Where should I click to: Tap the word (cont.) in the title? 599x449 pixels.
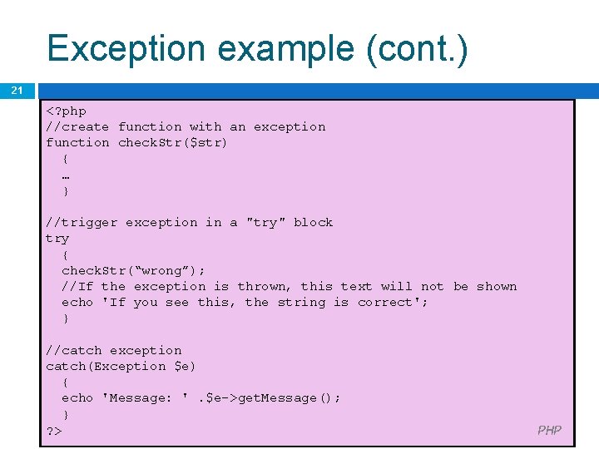417,48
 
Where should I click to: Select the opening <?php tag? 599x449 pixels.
66,111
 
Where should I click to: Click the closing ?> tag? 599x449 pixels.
54,430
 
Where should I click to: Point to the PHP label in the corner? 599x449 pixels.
549,430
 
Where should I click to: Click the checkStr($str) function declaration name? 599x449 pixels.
173,142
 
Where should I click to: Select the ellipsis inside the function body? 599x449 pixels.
66,175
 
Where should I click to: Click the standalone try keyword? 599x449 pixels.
57,238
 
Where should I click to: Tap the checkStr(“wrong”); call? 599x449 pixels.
133,270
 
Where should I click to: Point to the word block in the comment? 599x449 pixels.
313,222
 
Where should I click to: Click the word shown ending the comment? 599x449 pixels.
497,286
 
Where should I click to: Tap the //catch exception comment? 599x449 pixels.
113,350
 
